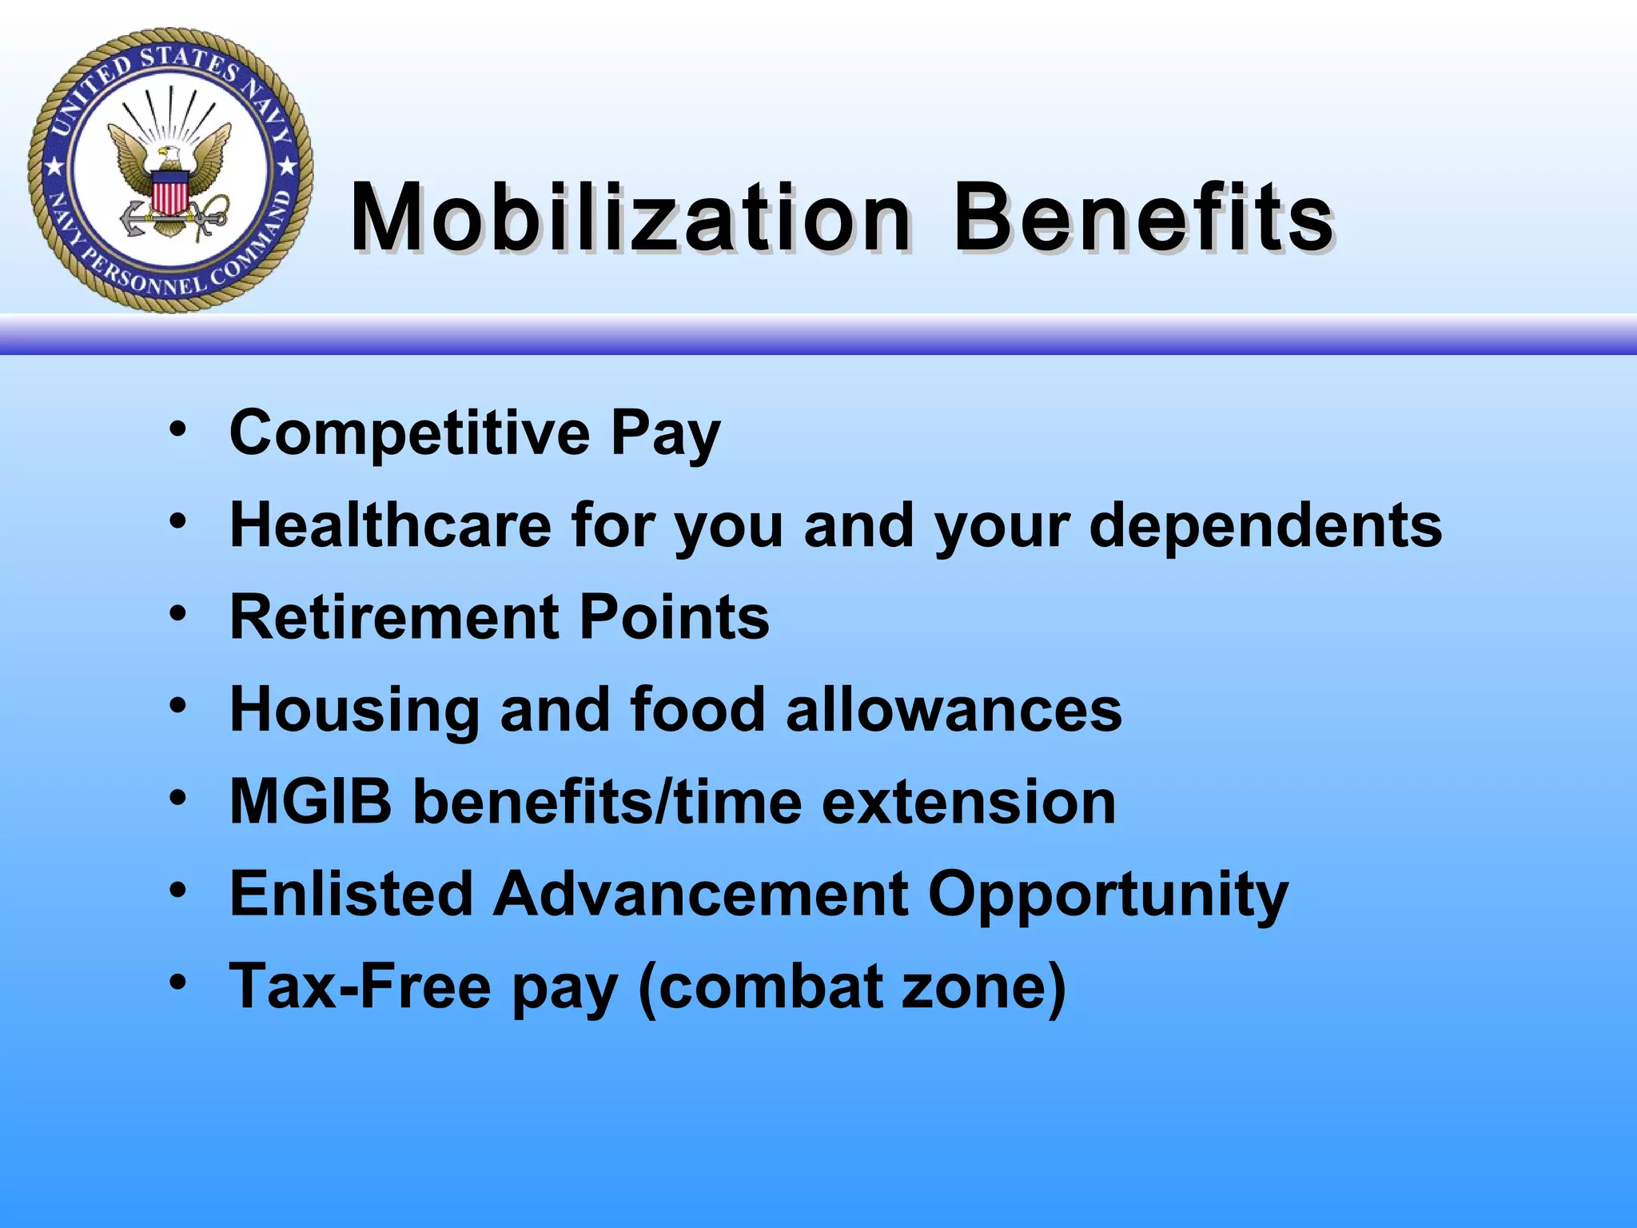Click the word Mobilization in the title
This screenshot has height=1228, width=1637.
tap(630, 217)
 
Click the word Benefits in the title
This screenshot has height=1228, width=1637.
tap(1143, 217)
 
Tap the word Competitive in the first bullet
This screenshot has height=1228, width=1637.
tap(409, 433)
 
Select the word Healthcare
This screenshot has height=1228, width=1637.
tap(390, 525)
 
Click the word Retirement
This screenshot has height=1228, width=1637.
tap(393, 617)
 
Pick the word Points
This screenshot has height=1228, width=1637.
tap(673, 617)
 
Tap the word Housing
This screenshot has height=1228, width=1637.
tap(354, 711)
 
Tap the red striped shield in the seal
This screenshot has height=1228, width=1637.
tap(169, 195)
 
